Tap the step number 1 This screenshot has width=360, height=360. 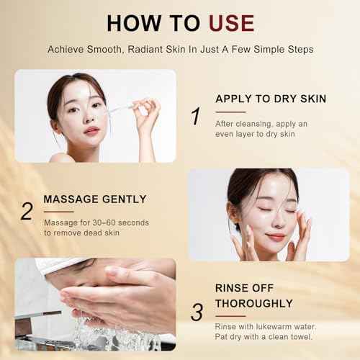point(194,115)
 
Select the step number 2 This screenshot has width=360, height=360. point(27,211)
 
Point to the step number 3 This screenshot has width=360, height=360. point(196,311)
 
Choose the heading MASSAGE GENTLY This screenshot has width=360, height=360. point(95,198)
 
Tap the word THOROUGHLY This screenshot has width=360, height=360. point(254,303)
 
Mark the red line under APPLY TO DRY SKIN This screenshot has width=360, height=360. point(230,112)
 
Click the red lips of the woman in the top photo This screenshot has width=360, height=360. point(91,130)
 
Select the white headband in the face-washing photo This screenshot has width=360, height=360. point(61,266)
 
